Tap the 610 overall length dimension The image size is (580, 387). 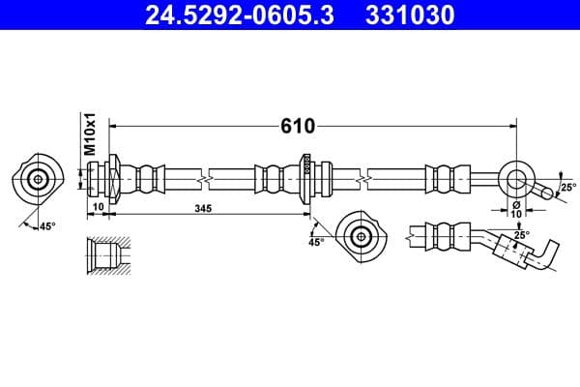tap(295, 127)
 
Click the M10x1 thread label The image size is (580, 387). tap(89, 134)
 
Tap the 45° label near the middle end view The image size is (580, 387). tap(315, 243)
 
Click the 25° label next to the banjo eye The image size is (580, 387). tap(566, 188)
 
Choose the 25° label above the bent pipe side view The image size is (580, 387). tap(521, 235)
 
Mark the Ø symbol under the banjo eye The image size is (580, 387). tap(516, 204)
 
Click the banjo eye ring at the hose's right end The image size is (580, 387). tap(517, 178)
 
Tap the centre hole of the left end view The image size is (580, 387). tap(39, 179)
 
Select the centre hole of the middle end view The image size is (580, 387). tap(361, 234)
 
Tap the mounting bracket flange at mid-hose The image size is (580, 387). tap(305, 178)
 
